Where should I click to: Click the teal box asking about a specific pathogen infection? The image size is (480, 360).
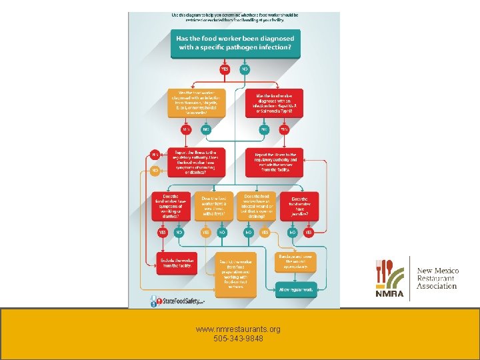coord(234,42)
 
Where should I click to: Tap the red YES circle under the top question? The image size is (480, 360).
coord(225,69)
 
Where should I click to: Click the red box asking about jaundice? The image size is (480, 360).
coord(300,207)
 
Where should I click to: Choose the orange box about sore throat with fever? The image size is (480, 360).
coord(213,207)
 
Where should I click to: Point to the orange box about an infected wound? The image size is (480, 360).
coord(257,207)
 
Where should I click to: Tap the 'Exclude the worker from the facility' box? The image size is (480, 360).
coord(177,262)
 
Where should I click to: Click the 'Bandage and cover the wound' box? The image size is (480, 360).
coord(297,260)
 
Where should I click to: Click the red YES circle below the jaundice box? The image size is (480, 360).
coord(308,233)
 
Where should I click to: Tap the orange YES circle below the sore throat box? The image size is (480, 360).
coord(206,233)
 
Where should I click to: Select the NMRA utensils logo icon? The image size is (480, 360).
coord(390,275)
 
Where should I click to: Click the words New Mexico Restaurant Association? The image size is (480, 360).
coord(437,278)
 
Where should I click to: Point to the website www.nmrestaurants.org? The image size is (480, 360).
coord(239,329)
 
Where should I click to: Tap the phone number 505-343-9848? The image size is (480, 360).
coord(239,339)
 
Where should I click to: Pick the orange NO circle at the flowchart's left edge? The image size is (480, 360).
coord(155,171)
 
